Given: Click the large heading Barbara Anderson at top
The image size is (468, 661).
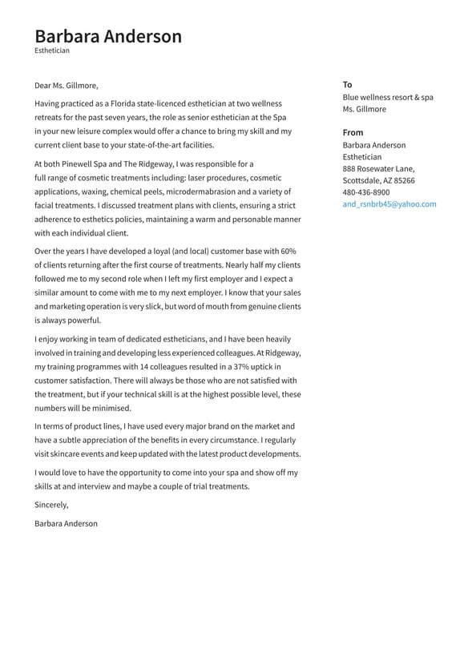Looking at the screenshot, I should point(108,36).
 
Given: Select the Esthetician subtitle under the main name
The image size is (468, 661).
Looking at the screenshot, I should point(52,50).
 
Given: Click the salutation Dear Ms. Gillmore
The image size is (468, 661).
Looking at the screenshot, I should point(67,86).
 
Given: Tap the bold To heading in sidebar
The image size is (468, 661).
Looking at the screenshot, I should point(347,85).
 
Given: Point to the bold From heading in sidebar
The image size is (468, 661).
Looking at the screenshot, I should point(353,132).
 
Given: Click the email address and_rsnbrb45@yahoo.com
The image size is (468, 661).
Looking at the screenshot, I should point(389,204).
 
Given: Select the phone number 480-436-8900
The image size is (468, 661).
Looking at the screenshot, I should point(366,192).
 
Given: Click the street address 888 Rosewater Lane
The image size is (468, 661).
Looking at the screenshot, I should point(379,169).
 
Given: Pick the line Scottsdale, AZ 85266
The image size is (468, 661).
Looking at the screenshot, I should point(379,181).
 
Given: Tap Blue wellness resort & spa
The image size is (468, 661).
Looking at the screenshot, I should point(388,98).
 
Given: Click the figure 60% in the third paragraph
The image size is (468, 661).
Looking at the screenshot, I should point(288,252).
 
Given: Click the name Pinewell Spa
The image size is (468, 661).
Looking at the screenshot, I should point(85,164).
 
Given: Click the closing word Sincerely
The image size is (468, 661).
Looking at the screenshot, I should point(51,505).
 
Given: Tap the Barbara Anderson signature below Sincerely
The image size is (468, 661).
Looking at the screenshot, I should point(67,524).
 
